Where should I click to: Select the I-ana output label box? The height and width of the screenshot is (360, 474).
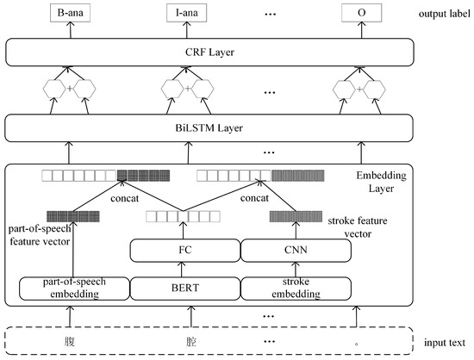point(183,15)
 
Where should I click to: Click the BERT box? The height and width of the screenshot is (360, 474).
point(184,286)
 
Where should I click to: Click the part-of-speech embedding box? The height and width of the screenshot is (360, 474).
point(66,286)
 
